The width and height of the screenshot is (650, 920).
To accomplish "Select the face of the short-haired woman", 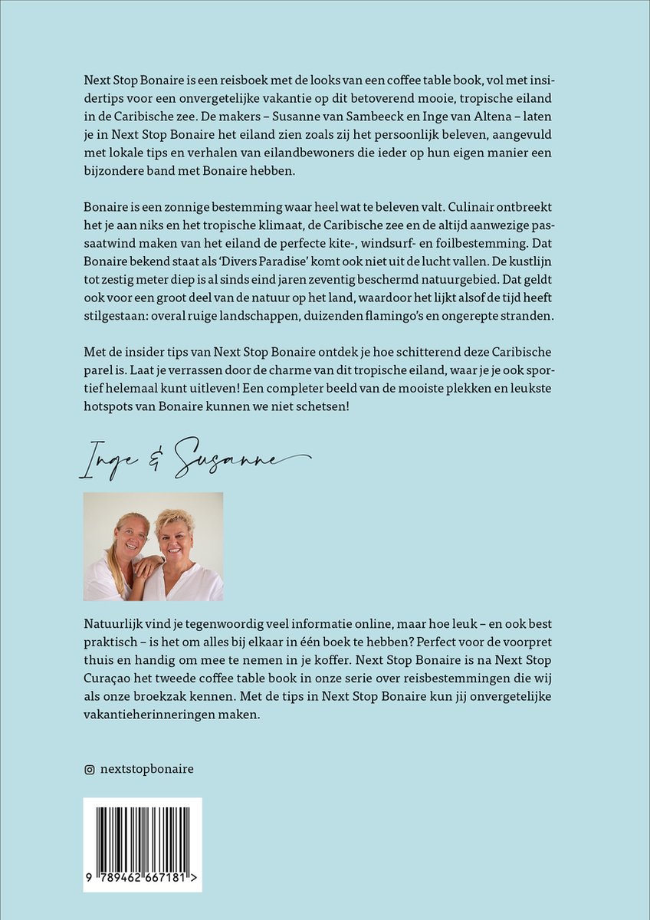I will tap(176, 531).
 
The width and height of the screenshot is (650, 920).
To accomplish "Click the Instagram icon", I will tap(89, 769).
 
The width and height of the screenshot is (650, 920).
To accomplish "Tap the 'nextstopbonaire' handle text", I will tap(146, 769).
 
